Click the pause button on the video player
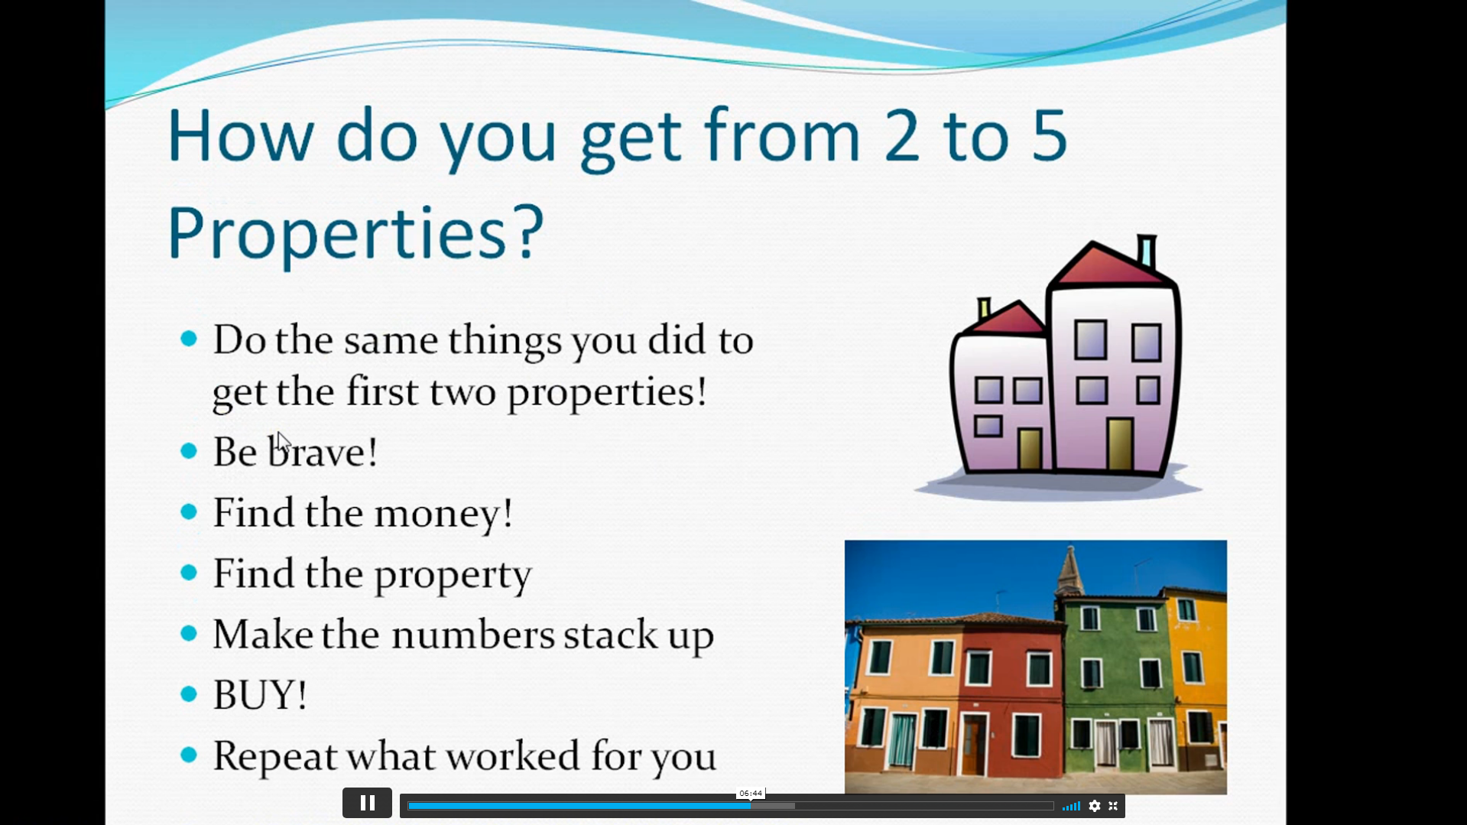point(367,803)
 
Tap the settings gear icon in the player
point(1095,806)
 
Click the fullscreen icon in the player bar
point(1113,806)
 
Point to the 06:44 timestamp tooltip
point(751,793)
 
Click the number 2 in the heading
point(902,136)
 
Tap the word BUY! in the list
point(260,695)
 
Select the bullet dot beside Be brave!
point(189,451)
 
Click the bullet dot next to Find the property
point(189,572)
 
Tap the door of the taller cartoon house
point(1120,444)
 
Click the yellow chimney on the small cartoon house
point(984,308)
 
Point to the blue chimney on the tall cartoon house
point(1146,251)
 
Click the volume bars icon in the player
point(1071,806)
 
